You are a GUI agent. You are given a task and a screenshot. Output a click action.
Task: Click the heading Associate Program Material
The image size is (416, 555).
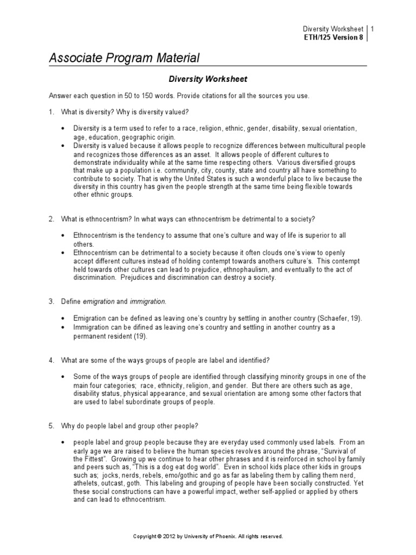pyautogui.click(x=125, y=57)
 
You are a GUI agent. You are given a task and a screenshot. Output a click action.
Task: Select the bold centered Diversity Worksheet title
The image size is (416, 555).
pyautogui.click(x=208, y=79)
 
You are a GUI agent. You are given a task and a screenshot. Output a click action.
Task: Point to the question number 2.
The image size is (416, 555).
pyautogui.click(x=50, y=219)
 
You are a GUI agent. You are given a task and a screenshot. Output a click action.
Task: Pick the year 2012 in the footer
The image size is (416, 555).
pyautogui.click(x=171, y=536)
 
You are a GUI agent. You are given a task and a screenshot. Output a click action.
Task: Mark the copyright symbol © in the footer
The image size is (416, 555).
pyautogui.click(x=160, y=536)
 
